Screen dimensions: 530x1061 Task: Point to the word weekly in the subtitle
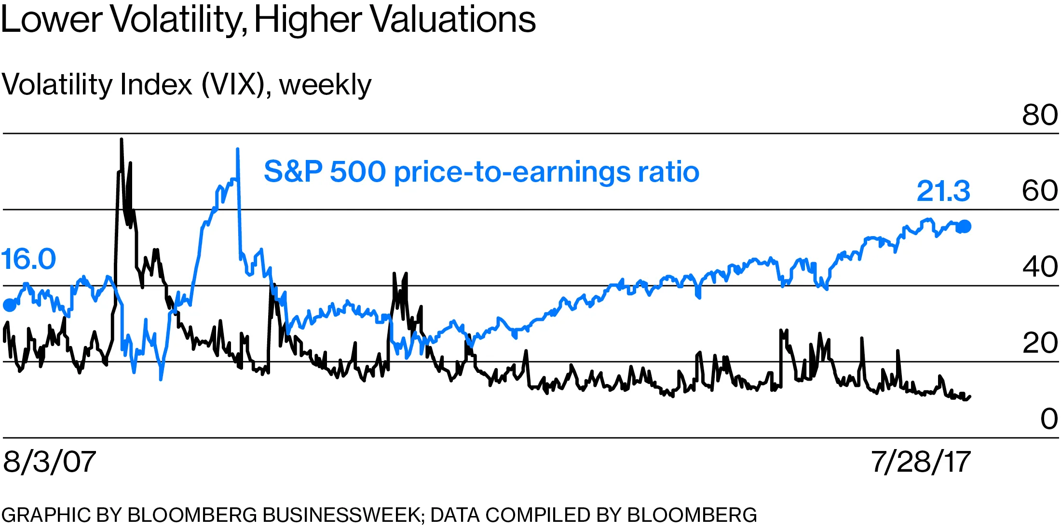coord(326,85)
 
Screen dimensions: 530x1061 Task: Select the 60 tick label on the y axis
coord(1040,191)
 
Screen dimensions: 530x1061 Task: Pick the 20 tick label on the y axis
coord(1040,343)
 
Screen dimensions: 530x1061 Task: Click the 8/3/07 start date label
coord(49,462)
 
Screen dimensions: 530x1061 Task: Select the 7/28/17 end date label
coord(921,462)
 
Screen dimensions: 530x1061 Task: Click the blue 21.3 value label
coord(943,191)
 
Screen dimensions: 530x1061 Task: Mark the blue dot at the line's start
coord(10,305)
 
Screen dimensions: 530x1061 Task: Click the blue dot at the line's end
coord(965,226)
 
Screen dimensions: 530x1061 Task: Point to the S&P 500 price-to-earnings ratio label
coord(481,172)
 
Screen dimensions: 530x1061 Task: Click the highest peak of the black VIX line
coord(122,140)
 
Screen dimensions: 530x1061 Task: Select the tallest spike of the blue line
coord(237,149)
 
